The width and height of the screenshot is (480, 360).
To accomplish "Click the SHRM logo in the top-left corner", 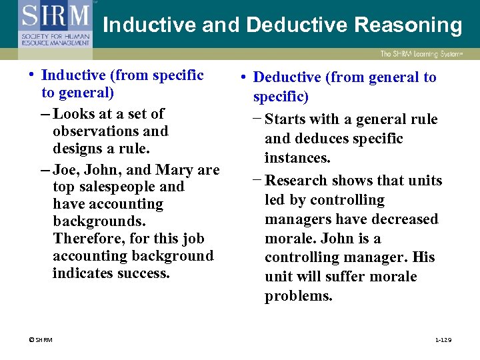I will click(55, 23).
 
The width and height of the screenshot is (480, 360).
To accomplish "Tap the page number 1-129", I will click(443, 340).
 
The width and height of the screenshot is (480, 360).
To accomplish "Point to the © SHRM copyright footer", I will click(40, 340).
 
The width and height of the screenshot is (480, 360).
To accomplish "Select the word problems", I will click(299, 296).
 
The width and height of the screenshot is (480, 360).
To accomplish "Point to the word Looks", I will click(75, 114).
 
